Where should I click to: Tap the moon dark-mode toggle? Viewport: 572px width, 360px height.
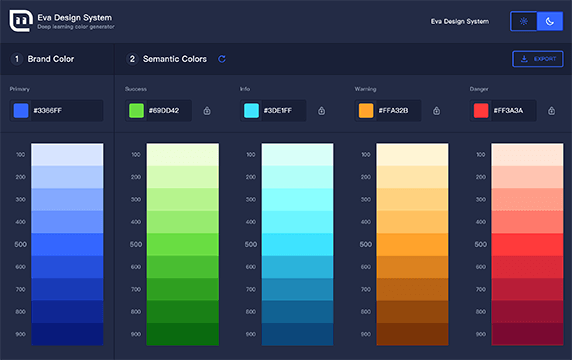tap(551, 21)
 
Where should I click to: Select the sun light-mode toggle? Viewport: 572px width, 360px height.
tap(524, 21)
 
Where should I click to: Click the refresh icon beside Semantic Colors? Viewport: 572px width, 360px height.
tap(222, 59)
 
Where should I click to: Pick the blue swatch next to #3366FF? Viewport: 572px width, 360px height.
tap(21, 110)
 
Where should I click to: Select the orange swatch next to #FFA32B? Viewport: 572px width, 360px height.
tap(366, 110)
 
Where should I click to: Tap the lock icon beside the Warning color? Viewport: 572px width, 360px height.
tap(437, 110)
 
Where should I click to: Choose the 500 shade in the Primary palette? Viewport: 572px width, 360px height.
tap(67, 244)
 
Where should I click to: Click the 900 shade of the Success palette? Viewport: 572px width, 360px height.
tap(182, 334)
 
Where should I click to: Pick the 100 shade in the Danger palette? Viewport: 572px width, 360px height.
tap(527, 155)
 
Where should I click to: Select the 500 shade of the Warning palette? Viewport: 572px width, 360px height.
tap(412, 244)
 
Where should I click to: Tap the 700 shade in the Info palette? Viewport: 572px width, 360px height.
tap(297, 289)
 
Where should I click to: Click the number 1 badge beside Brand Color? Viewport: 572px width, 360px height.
tap(17, 59)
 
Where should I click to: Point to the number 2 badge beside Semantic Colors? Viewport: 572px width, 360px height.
tap(132, 59)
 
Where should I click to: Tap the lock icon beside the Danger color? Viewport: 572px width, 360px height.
tap(552, 110)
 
